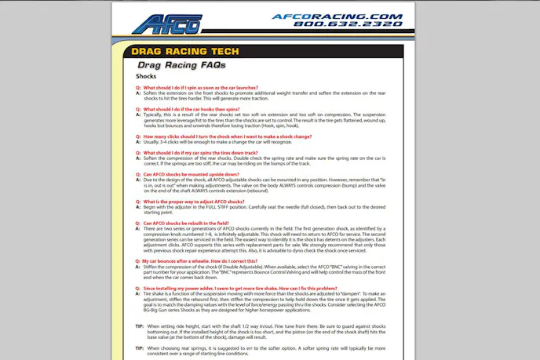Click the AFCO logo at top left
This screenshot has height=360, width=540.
coord(166,24)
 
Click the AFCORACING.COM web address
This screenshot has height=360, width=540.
coord(337,16)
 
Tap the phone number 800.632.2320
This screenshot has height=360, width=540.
coord(348,24)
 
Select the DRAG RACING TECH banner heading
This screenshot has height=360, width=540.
coord(185,52)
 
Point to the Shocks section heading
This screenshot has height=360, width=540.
coord(146,77)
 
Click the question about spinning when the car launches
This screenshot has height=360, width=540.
coord(201,88)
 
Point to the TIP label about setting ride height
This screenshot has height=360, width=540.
coord(139,325)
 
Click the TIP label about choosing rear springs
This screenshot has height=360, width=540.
coord(139,347)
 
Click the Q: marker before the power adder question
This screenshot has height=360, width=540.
coord(138,288)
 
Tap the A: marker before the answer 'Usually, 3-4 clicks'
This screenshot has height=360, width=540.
coord(138,142)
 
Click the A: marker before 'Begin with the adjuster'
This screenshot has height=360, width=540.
coord(138,207)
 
